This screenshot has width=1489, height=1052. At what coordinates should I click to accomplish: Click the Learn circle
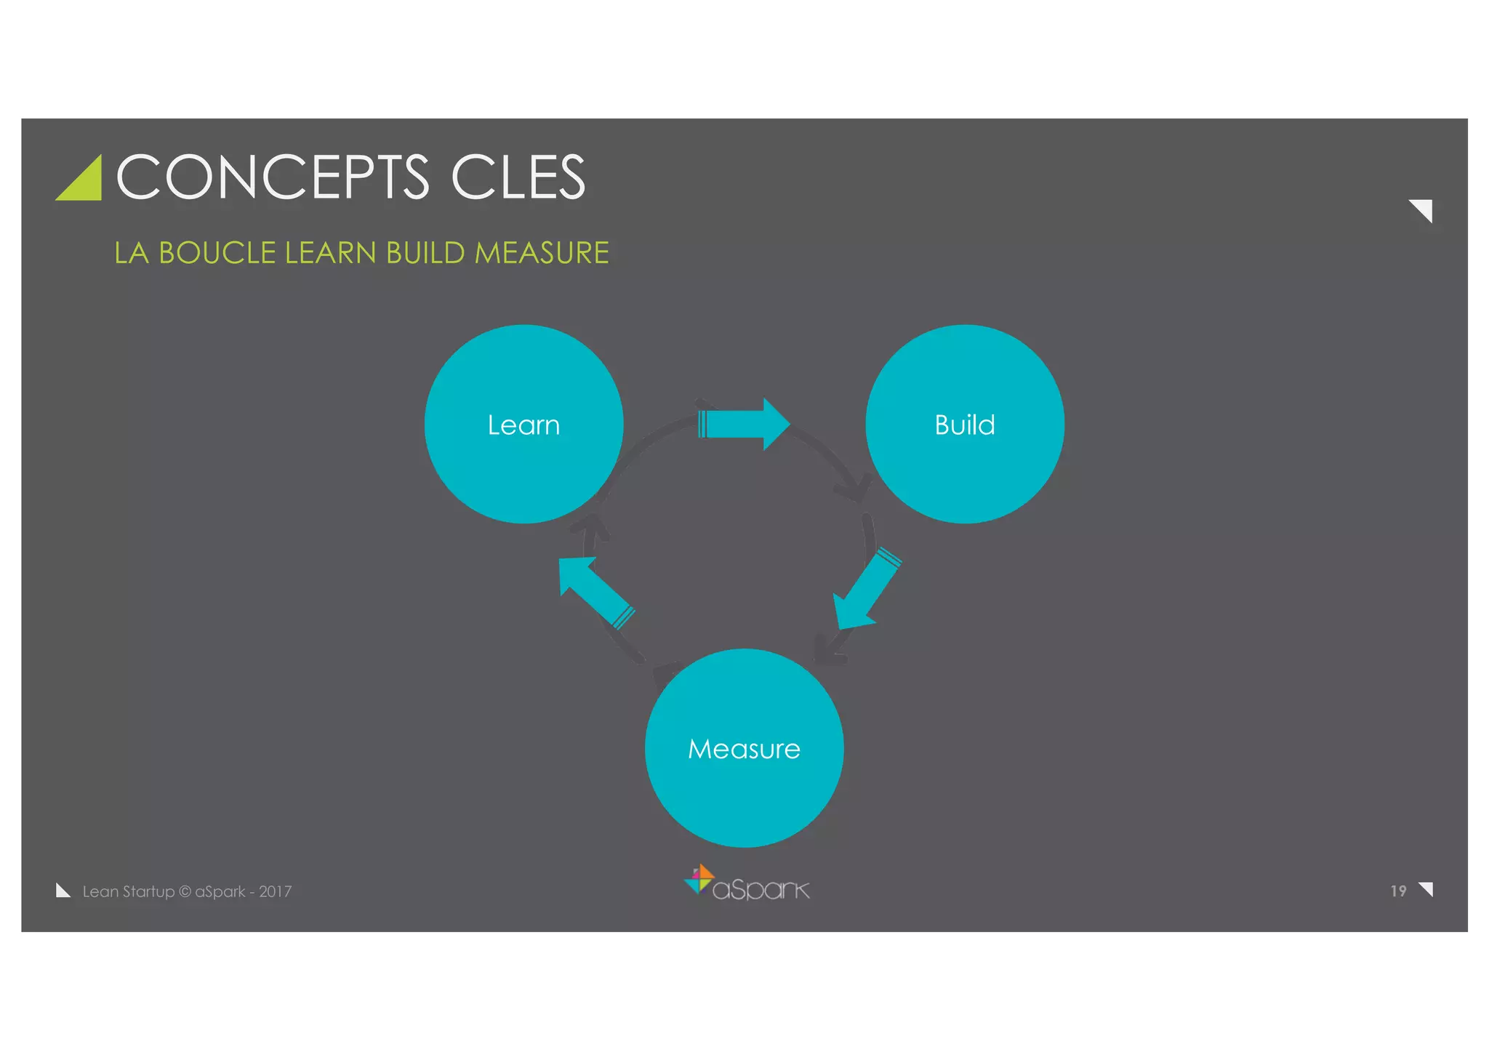pyautogui.click(x=523, y=424)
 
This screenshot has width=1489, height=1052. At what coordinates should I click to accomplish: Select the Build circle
pyautogui.click(x=964, y=424)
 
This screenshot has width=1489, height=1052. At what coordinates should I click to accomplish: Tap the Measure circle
pyautogui.click(x=744, y=747)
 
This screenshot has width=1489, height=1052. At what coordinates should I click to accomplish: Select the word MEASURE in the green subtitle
pyautogui.click(x=542, y=253)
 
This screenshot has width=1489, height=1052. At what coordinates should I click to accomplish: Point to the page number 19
pyautogui.click(x=1398, y=891)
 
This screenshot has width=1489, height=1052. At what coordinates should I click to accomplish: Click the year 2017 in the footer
pyautogui.click(x=275, y=891)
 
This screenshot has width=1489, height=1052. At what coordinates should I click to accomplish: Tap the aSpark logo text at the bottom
pyautogui.click(x=760, y=889)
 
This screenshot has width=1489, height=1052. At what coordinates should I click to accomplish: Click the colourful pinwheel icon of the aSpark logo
pyautogui.click(x=699, y=879)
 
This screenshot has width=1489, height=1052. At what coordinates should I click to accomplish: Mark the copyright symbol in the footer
pyautogui.click(x=185, y=891)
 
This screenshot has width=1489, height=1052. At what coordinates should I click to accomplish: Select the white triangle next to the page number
pyautogui.click(x=1426, y=888)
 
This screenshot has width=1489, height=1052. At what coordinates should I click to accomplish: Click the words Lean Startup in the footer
pyautogui.click(x=128, y=891)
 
